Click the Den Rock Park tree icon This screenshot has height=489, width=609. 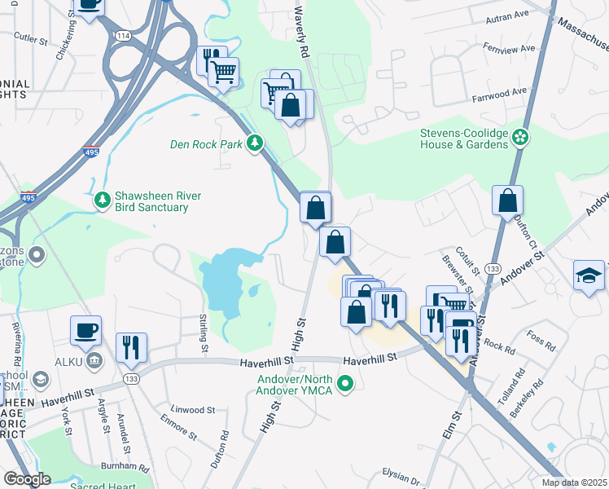coord(255,143)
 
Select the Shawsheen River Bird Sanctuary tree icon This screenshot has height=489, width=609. coord(103,199)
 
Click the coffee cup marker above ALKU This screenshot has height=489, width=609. coord(85,331)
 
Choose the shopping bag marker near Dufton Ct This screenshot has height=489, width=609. coord(507,201)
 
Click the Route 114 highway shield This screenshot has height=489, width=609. coord(123,36)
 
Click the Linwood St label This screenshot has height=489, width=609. coord(193,410)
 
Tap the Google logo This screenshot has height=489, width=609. coord(27,478)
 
